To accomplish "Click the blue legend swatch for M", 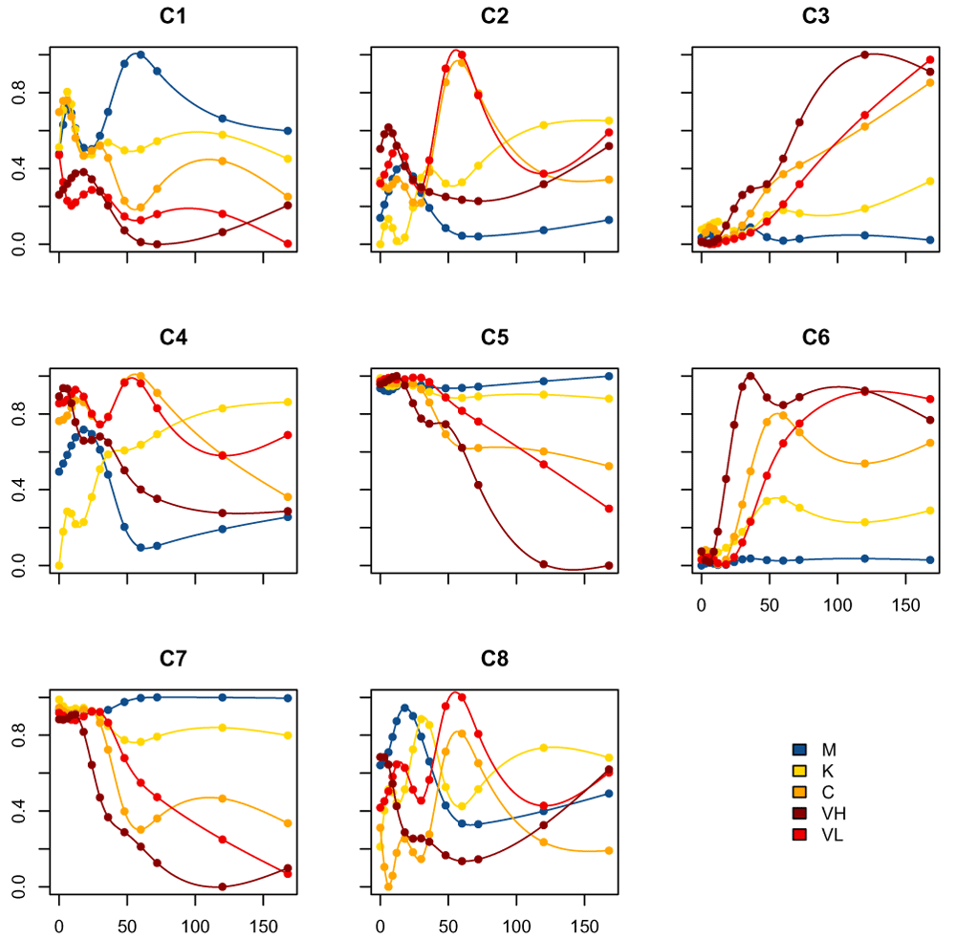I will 800,750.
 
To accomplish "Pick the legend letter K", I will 828,771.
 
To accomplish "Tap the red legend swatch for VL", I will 800,835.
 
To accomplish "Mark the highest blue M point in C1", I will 141,55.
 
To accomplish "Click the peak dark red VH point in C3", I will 864,55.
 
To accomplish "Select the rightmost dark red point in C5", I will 609,565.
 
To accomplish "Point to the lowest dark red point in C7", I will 223,886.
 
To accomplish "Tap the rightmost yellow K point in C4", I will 288,402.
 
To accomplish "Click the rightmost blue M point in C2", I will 609,220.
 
